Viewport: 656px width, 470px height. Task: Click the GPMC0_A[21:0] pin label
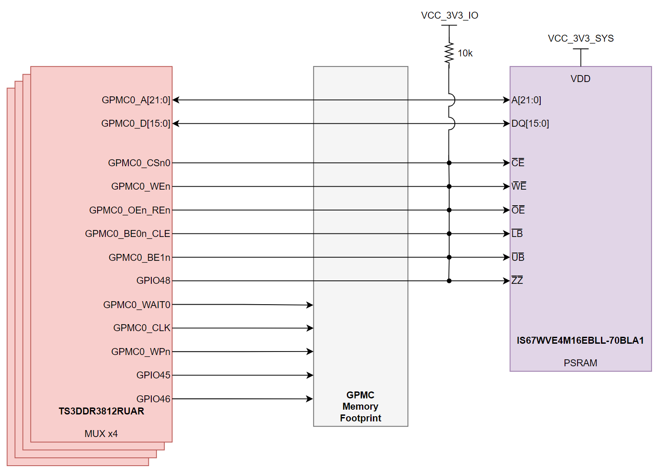coord(136,100)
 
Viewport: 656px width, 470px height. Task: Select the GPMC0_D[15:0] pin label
coord(136,124)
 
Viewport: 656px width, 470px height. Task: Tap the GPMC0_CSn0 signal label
coord(139,163)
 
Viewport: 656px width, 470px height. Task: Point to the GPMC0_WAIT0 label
coord(137,305)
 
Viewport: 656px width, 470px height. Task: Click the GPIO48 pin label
coord(153,281)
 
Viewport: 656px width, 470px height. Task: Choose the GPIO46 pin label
coord(153,399)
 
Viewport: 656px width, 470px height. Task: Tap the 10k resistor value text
coord(465,53)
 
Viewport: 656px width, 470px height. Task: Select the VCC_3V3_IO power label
coord(450,16)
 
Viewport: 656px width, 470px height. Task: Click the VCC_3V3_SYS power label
coord(581,39)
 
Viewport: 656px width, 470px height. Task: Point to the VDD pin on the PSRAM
coord(580,79)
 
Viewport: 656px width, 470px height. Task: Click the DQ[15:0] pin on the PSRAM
coord(530,124)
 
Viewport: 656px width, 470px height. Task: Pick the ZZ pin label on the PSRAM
coord(517,281)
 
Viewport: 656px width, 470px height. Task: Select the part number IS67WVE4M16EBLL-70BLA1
coord(580,341)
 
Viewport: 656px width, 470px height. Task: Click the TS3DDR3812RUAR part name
coord(101,411)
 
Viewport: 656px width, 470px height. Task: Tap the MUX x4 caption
coord(101,434)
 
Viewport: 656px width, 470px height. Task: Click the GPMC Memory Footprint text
coord(360,407)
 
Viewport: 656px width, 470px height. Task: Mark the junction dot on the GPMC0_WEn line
coord(449,187)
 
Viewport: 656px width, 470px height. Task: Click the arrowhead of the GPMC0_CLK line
coord(310,328)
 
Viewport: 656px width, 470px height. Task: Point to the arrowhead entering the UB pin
coord(506,257)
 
